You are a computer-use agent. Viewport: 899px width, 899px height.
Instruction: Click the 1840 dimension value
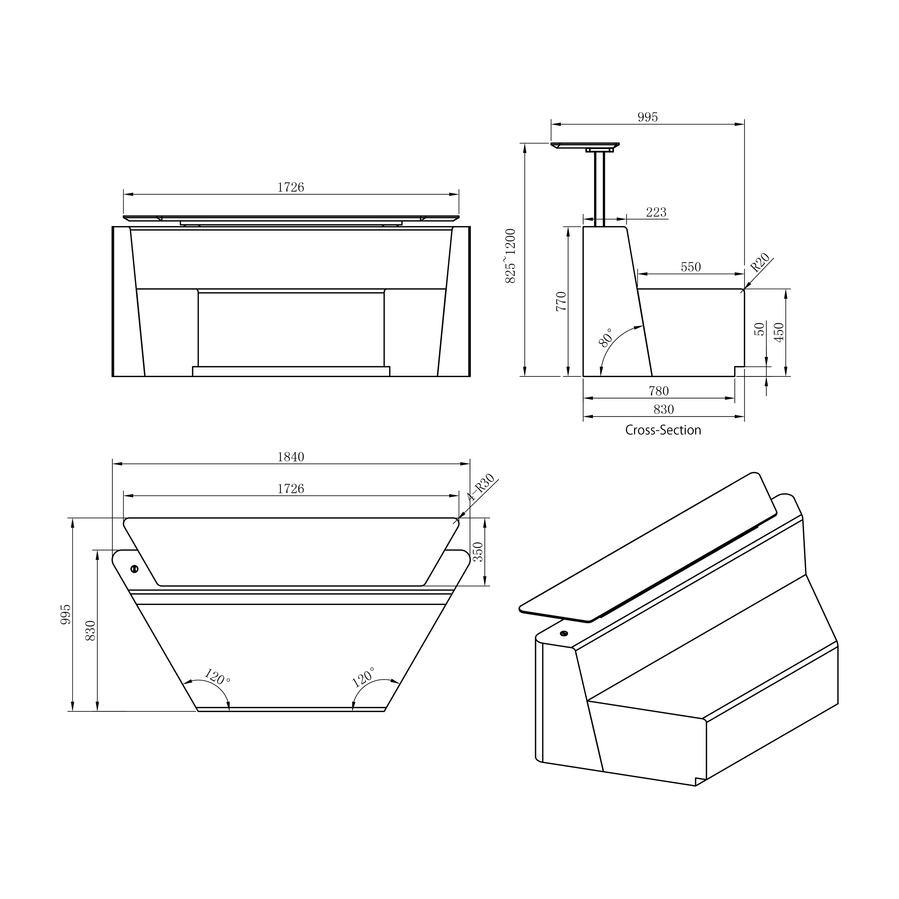point(291,457)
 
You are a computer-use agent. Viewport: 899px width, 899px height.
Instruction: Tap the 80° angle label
point(606,337)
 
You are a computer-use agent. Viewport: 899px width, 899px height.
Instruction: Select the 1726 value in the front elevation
point(291,187)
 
